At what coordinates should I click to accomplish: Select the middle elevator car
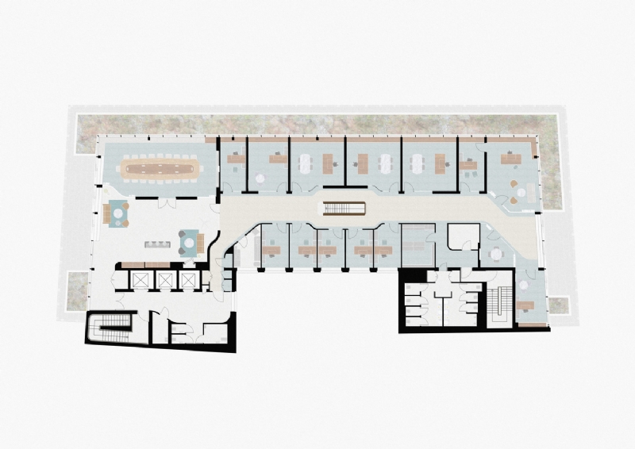[165, 279]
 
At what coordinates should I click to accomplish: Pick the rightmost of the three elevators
[188, 279]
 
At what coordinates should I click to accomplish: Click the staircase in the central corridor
[343, 209]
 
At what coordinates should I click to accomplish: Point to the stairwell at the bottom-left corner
[111, 326]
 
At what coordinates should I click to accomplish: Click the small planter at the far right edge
[559, 305]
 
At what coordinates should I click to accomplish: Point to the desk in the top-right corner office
[510, 159]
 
